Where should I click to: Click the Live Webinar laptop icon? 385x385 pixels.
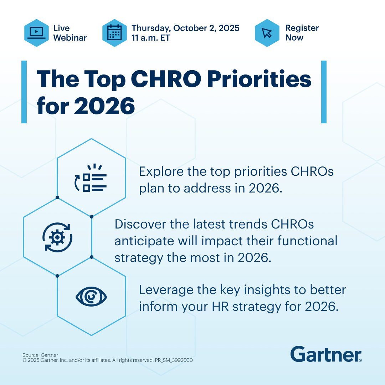tap(36, 33)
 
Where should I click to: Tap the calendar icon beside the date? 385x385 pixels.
tap(114, 33)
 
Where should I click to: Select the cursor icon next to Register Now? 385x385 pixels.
tap(267, 33)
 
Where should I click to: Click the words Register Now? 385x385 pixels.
tap(302, 33)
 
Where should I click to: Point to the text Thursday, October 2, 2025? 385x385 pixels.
tap(185, 28)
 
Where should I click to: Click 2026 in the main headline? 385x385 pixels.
tap(104, 106)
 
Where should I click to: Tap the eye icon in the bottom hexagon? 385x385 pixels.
tap(92, 297)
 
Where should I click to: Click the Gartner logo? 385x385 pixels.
tap(326, 354)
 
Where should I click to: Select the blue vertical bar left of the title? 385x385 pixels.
tap(24, 92)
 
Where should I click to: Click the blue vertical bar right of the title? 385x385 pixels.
tap(324, 92)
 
